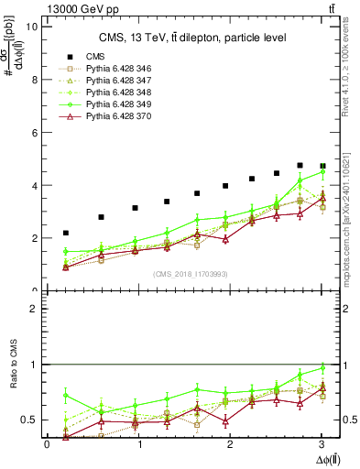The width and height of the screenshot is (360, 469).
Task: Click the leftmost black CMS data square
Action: tap(66, 234)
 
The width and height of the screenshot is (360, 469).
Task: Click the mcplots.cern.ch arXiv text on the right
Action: tap(354, 206)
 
